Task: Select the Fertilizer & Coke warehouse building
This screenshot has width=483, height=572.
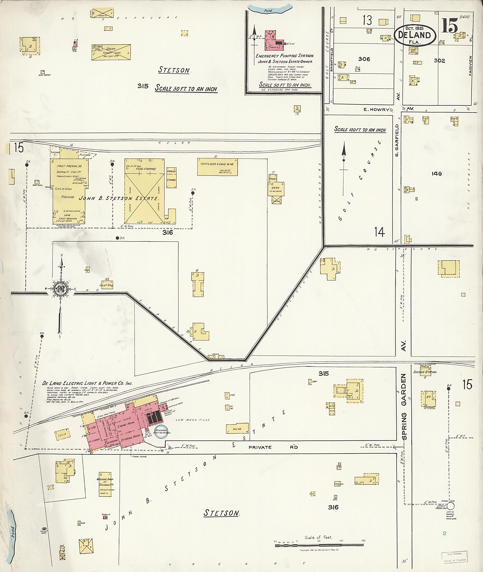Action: pos(217,167)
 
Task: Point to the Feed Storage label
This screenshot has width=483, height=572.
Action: pos(146,169)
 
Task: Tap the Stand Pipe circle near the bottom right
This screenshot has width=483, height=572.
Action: pos(451,506)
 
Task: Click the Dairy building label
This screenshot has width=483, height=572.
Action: pos(111,49)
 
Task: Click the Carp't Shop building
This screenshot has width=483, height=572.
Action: pos(107,285)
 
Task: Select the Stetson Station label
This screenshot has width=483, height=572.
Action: pos(425,372)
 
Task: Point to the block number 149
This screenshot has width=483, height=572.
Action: pos(437,173)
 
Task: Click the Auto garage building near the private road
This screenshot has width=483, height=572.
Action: pos(237,429)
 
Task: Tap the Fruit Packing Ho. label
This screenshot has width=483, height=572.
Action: pos(69,166)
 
